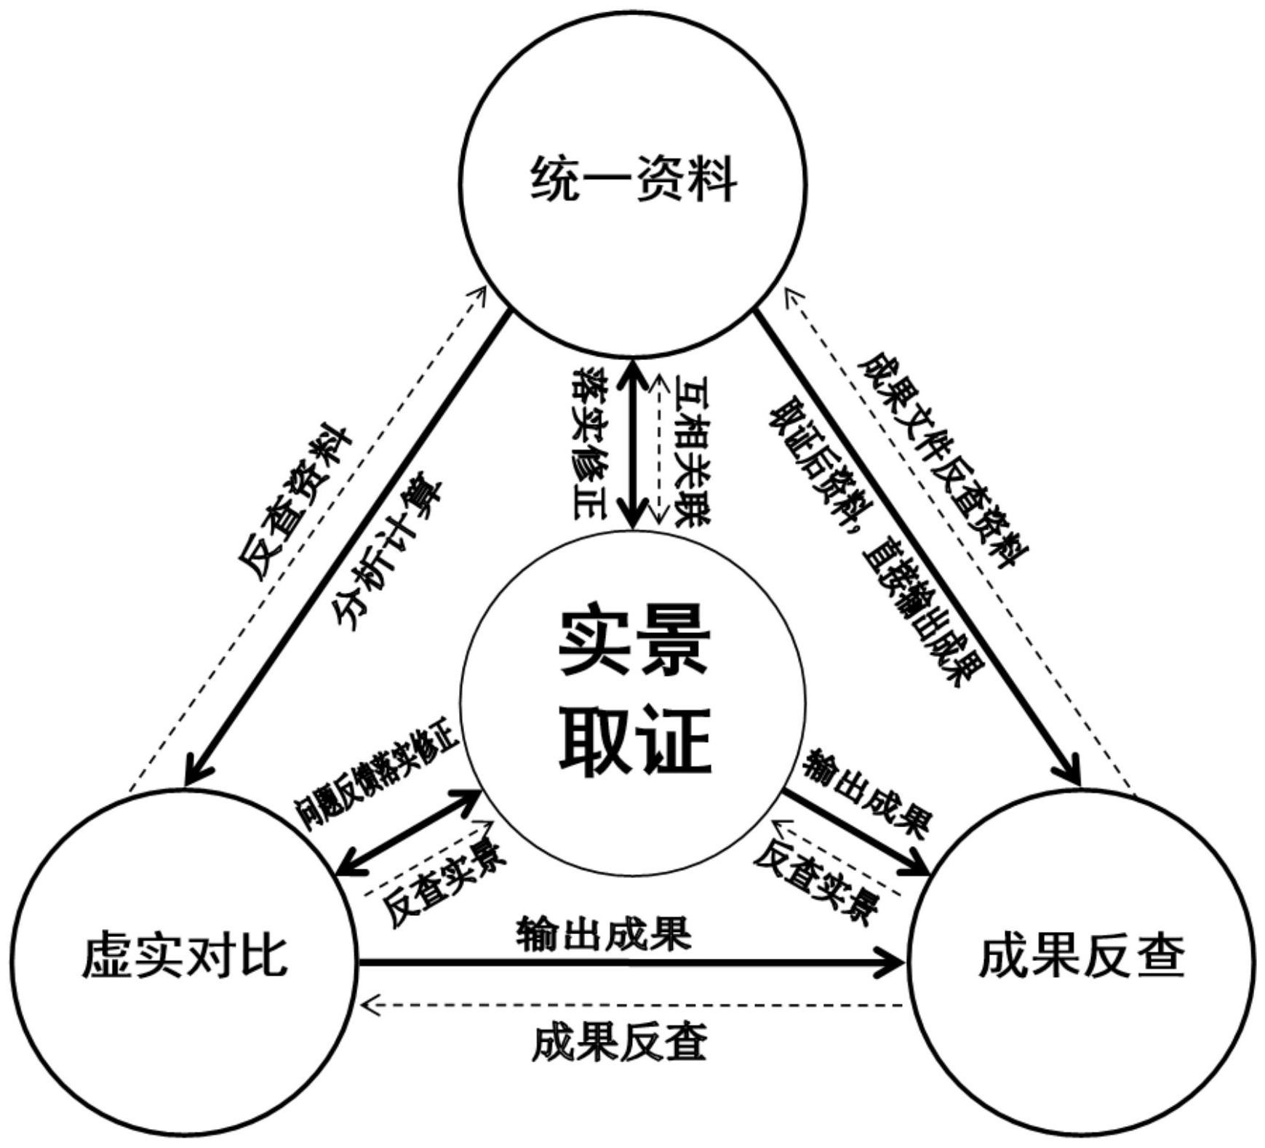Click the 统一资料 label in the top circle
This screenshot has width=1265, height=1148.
pyautogui.click(x=634, y=180)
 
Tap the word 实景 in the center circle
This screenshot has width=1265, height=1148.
pyautogui.click(x=634, y=640)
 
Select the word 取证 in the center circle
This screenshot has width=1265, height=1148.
pyautogui.click(x=634, y=741)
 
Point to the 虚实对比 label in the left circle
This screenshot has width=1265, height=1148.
pyautogui.click(x=184, y=956)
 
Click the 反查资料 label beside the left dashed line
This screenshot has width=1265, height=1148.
pyautogui.click(x=295, y=502)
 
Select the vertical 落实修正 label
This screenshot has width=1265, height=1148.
pyautogui.click(x=590, y=443)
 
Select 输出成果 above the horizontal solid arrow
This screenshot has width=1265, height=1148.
pyautogui.click(x=604, y=934)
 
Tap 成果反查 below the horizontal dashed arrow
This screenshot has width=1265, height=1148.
pyautogui.click(x=619, y=1043)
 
